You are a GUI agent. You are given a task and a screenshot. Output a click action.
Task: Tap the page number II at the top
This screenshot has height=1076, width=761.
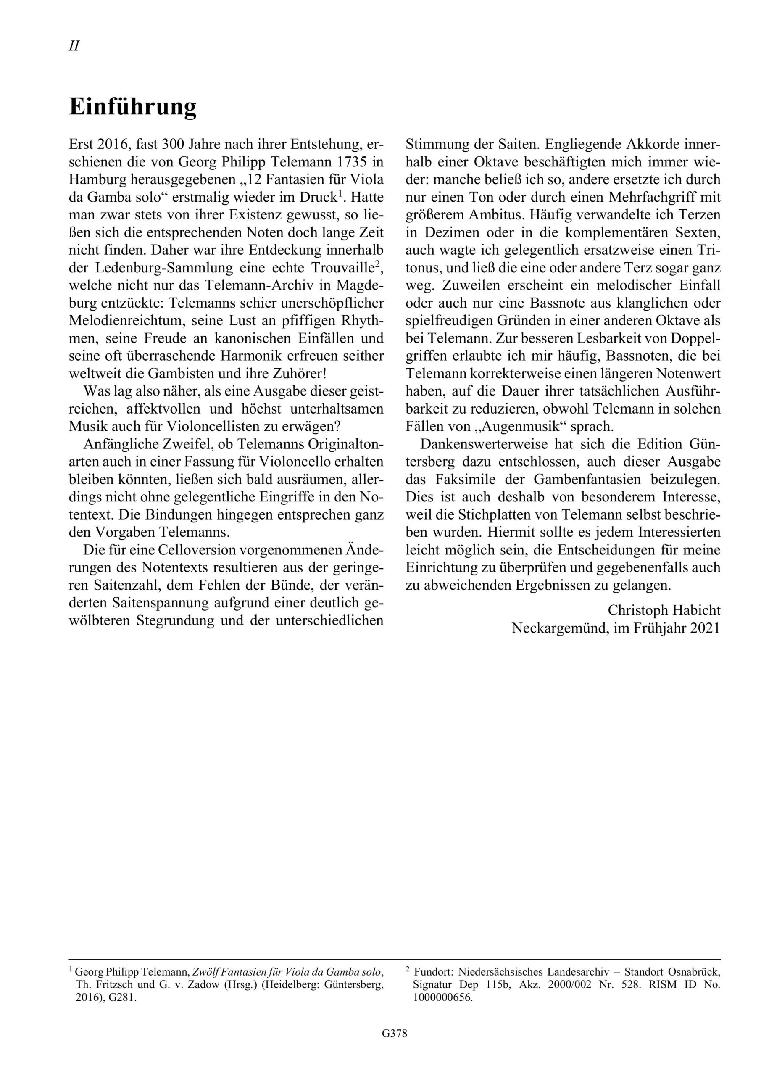point(74,46)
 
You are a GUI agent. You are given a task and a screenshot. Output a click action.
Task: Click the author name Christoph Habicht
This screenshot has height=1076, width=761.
point(664,610)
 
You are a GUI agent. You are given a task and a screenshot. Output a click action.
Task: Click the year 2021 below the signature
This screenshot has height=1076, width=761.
point(705,628)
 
